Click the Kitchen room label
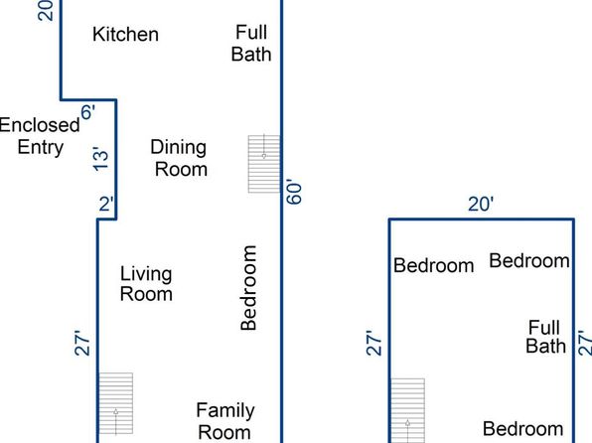[125, 35]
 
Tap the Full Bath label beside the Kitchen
[251, 43]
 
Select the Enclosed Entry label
[40, 136]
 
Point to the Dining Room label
[179, 158]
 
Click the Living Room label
[146, 284]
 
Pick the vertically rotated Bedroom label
[248, 288]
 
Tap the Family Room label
[225, 421]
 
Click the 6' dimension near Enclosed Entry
[88, 112]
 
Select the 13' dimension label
[100, 159]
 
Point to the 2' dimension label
[106, 204]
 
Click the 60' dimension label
[294, 192]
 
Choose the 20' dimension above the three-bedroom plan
[481, 204]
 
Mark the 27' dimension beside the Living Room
[82, 343]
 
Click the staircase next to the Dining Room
[264, 164]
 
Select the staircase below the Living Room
[115, 403]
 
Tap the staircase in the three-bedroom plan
[407, 410]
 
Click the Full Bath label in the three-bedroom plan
[545, 337]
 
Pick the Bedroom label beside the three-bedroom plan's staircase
[433, 265]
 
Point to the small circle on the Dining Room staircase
[264, 156]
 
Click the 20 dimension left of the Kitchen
[46, 10]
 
